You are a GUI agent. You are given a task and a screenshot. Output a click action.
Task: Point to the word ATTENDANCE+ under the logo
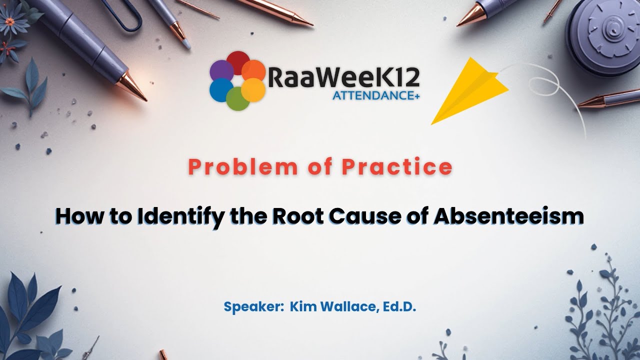click(x=375, y=95)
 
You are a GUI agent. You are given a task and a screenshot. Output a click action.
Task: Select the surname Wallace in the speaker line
click(x=349, y=306)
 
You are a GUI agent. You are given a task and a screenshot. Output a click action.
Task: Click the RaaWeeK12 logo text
click(x=344, y=77)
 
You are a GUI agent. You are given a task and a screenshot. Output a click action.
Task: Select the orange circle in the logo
click(x=253, y=70)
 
